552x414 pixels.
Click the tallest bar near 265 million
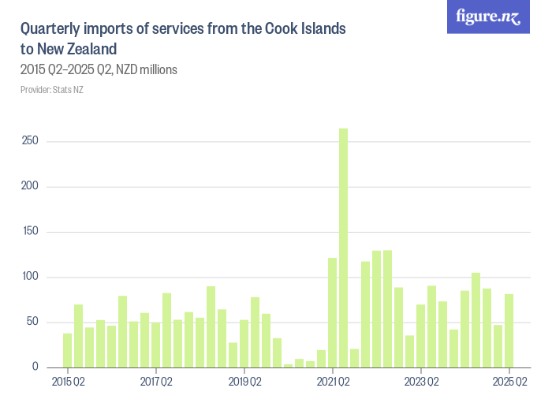click(343, 248)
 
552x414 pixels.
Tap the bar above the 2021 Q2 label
click(332, 312)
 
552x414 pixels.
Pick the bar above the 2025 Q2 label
click(509, 330)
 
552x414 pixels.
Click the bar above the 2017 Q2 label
click(156, 345)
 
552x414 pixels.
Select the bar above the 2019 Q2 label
click(244, 344)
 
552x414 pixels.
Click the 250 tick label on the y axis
click(30, 142)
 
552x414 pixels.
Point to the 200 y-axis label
click(30, 187)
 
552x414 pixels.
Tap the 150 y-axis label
click(30, 232)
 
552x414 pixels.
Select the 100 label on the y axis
click(30, 277)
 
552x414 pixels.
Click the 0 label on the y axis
click(35, 367)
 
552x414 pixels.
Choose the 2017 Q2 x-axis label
click(156, 382)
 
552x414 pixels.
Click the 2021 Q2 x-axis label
click(333, 382)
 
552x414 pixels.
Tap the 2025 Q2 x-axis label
click(509, 382)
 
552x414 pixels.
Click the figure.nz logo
click(488, 17)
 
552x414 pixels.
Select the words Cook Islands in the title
click(304, 29)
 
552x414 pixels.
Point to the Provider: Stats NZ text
click(52, 89)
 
